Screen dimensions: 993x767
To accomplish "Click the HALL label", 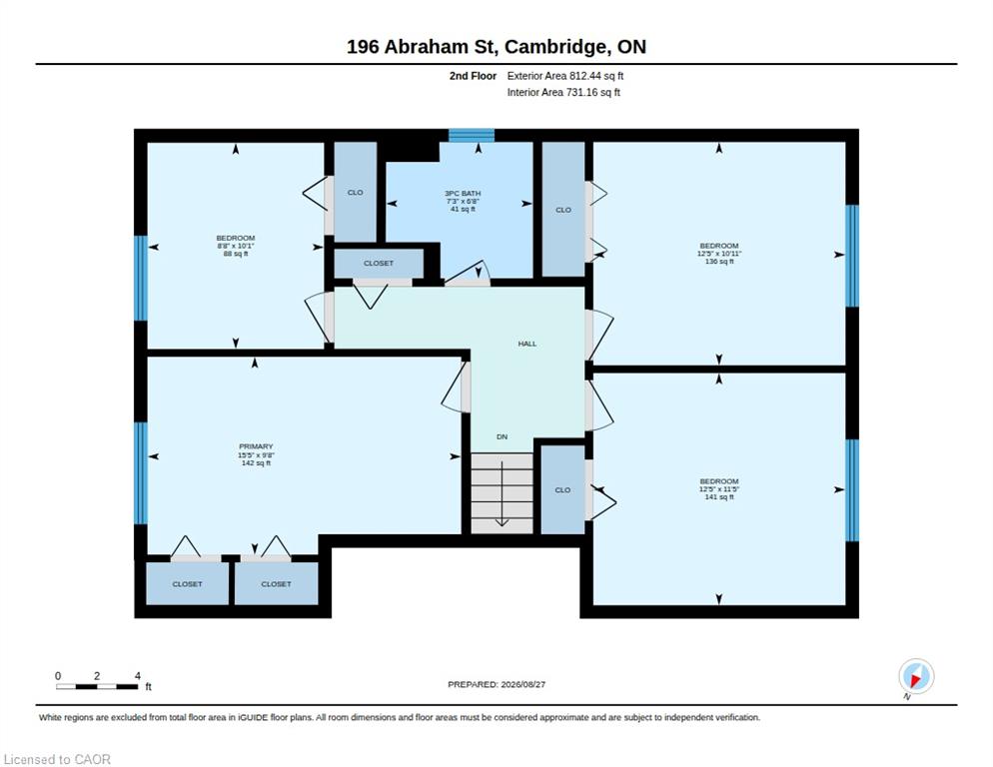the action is pyautogui.click(x=526, y=344).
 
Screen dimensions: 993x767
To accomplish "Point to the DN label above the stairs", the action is pyautogui.click(x=501, y=437).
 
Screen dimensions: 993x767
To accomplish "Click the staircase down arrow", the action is pyautogui.click(x=501, y=494).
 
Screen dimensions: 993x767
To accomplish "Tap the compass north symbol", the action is pyautogui.click(x=916, y=676).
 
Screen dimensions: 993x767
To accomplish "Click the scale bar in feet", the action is pyautogui.click(x=96, y=686).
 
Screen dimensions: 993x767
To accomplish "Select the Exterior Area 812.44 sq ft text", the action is pyautogui.click(x=564, y=76).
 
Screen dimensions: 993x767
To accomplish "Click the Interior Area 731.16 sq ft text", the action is pyautogui.click(x=563, y=93).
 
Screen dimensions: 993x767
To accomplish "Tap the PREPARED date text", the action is pyautogui.click(x=496, y=685).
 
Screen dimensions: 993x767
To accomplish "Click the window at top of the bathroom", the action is pyautogui.click(x=472, y=135).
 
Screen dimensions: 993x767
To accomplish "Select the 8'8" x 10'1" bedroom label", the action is pyautogui.click(x=236, y=246).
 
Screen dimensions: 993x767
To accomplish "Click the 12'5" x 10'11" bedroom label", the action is pyautogui.click(x=719, y=254).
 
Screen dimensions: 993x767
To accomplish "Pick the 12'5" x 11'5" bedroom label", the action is pyautogui.click(x=719, y=489).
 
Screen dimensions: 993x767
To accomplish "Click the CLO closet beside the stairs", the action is pyautogui.click(x=562, y=489).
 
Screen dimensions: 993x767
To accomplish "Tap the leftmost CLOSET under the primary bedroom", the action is pyautogui.click(x=188, y=583).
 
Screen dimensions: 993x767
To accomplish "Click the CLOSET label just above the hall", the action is pyautogui.click(x=379, y=263).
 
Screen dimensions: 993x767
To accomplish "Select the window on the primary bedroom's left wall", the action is pyautogui.click(x=141, y=473).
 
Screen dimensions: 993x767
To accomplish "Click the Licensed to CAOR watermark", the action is pyautogui.click(x=57, y=759).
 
